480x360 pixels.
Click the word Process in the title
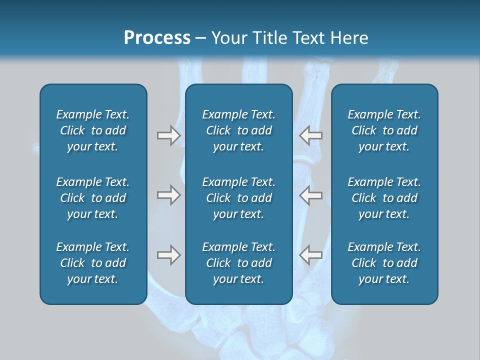pos(157,38)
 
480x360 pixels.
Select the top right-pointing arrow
pos(168,135)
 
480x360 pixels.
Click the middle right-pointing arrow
pos(168,195)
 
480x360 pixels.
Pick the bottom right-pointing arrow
pos(168,255)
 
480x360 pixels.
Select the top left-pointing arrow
pos(311,135)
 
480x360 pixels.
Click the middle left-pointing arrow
pos(311,195)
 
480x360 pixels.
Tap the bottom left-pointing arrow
pos(311,255)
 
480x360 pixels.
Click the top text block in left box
pos(93,130)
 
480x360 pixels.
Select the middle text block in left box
pos(93,198)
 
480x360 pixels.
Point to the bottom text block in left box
pos(93,263)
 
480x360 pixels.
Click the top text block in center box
pos(238,130)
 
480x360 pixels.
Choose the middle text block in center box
pos(238,198)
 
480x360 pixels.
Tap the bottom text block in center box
pos(238,263)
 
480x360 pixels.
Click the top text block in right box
pos(384,130)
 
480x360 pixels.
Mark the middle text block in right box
pos(384,198)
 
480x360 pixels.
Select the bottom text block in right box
pos(384,263)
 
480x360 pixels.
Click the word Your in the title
pos(228,38)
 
